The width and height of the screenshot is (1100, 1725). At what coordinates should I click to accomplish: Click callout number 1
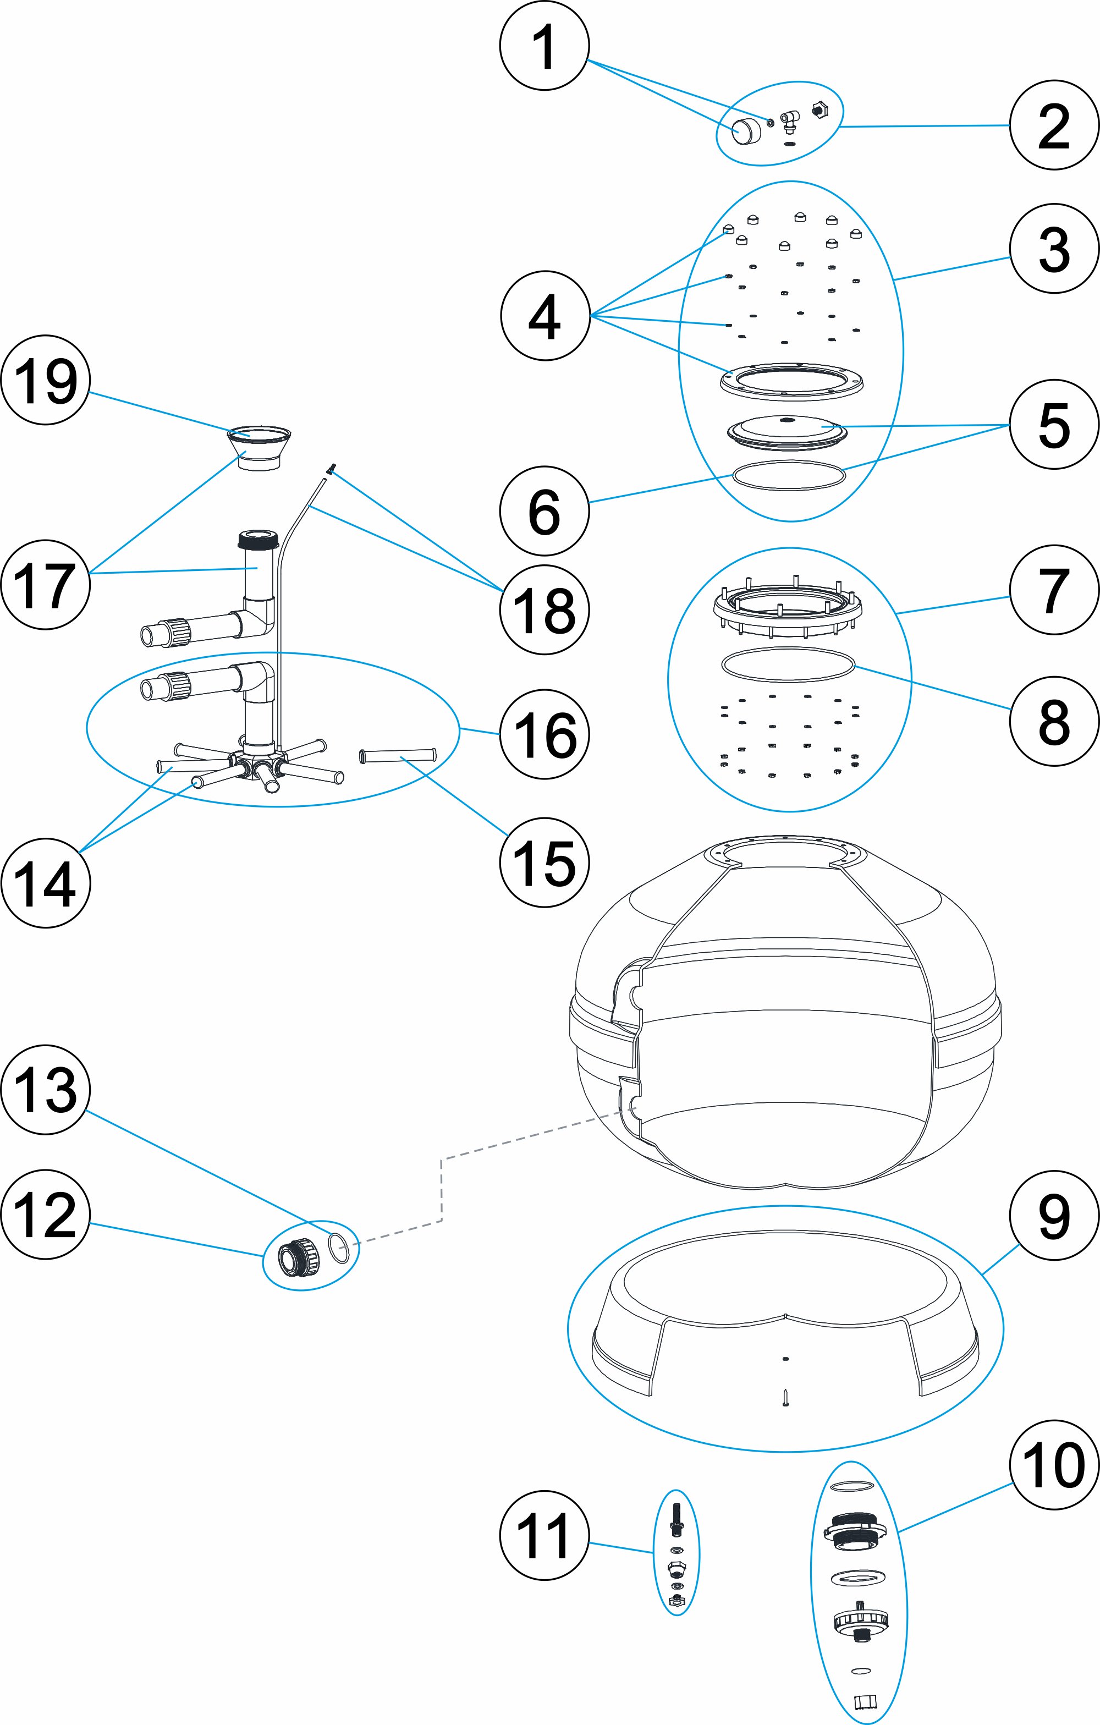544,46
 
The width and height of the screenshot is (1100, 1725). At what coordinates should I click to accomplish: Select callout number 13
45,1090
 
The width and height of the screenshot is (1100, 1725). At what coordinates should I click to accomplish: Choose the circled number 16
544,734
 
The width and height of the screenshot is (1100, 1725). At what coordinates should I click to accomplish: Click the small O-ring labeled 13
339,1248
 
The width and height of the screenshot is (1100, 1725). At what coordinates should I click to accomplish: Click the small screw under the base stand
785,1398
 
